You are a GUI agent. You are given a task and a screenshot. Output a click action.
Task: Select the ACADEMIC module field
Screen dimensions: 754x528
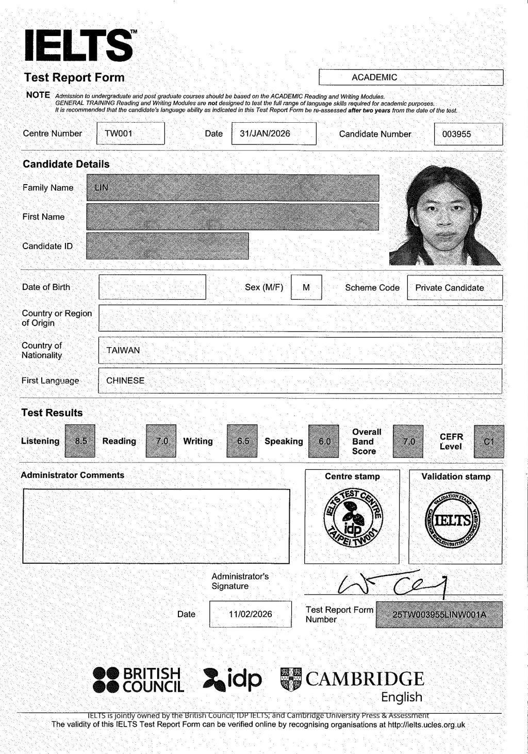pyautogui.click(x=410, y=77)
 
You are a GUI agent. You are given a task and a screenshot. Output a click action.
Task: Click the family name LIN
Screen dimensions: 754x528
pyautogui.click(x=102, y=188)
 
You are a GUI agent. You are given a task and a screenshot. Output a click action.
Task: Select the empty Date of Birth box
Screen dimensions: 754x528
pyautogui.click(x=152, y=287)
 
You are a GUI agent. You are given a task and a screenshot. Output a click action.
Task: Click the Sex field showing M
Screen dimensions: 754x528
pyautogui.click(x=306, y=287)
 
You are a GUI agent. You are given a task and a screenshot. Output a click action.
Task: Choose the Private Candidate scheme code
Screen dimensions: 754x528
pyautogui.click(x=450, y=288)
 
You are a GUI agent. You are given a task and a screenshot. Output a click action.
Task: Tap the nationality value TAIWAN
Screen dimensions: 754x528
pyautogui.click(x=123, y=350)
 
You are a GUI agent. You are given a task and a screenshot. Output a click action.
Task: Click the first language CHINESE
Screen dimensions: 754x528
pyautogui.click(x=125, y=381)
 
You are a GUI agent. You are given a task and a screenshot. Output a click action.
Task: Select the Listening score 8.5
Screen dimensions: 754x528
pyautogui.click(x=80, y=441)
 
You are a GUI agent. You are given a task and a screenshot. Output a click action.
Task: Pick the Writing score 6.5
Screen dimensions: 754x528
pyautogui.click(x=242, y=441)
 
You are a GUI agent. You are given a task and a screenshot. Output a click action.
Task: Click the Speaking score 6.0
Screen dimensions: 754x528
pyautogui.click(x=324, y=441)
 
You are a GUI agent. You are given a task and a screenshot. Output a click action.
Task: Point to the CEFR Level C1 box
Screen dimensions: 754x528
pyautogui.click(x=489, y=441)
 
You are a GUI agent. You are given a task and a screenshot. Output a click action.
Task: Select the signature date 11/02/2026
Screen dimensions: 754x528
pyautogui.click(x=251, y=614)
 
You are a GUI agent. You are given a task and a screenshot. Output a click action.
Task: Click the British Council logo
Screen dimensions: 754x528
pyautogui.click(x=138, y=680)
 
